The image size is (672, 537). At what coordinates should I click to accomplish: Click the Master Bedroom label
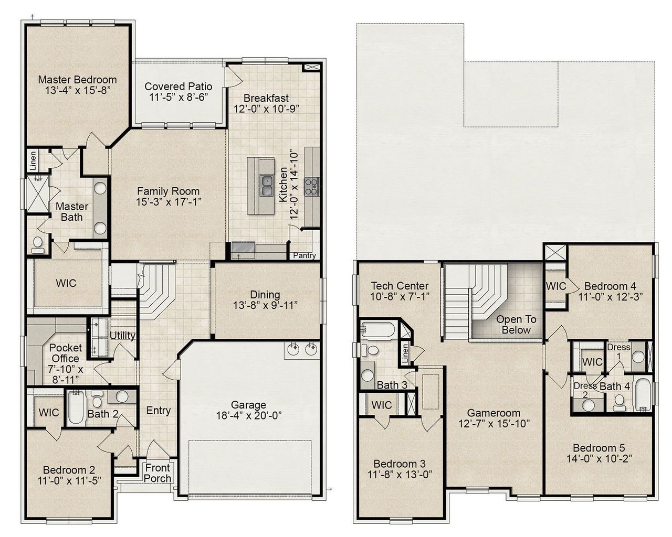coord(77,80)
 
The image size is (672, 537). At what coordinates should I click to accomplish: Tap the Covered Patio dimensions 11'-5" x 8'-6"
coord(178,97)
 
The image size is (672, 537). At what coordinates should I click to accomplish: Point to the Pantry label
coord(304,256)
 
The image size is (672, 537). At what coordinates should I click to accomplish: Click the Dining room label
coord(265,295)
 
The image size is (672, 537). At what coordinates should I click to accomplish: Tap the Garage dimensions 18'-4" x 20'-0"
coord(249,415)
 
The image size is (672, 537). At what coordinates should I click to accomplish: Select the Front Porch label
coord(157,473)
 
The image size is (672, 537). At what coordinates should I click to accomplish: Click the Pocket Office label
coord(66,353)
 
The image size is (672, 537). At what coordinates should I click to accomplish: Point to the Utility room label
coord(122,336)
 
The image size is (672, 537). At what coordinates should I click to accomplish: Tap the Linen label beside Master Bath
coord(33,161)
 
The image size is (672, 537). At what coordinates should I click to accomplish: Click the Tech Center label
coord(400,286)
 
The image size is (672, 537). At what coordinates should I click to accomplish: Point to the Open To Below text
coord(516,325)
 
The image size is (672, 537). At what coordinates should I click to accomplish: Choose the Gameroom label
coord(493,413)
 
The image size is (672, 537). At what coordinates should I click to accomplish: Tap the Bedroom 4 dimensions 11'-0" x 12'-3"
coord(610,296)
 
